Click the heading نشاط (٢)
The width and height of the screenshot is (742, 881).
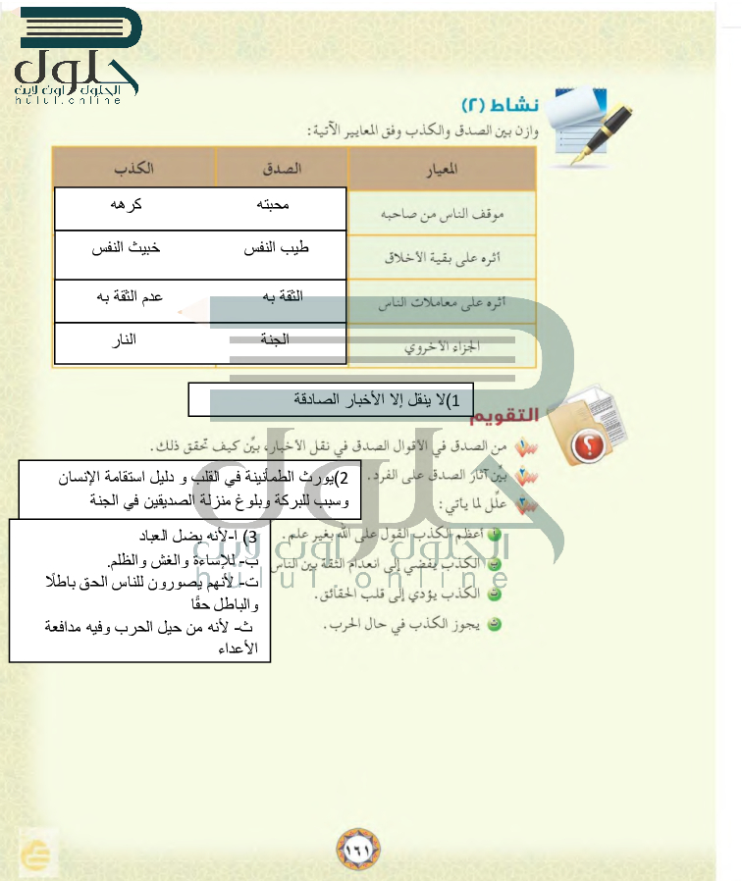498,105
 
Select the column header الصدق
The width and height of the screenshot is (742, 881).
285,168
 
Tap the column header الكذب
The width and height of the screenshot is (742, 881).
133,168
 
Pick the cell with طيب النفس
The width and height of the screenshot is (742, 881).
276,249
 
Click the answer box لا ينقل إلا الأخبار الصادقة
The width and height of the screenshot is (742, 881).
330,400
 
